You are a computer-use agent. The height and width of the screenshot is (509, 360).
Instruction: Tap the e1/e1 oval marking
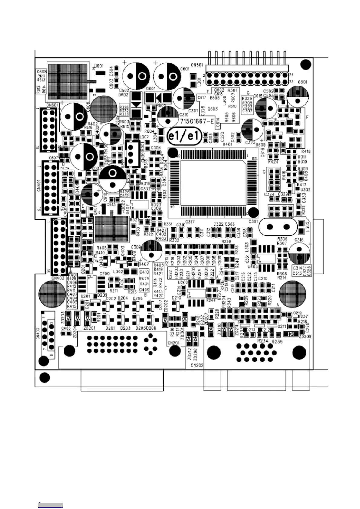184,137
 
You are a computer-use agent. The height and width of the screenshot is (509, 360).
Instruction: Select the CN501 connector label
197,65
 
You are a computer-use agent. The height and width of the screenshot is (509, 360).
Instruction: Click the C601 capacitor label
185,69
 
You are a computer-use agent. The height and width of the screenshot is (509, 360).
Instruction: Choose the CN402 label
58,278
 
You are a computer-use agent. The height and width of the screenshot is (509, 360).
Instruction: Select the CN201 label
173,342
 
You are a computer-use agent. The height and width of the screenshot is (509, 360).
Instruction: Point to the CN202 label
197,365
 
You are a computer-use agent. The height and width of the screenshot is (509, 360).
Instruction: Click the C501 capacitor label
303,82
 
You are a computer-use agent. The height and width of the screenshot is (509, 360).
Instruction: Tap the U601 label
99,66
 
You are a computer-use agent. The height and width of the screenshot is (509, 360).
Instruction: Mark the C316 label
299,240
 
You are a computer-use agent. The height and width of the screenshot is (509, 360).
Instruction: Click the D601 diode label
150,89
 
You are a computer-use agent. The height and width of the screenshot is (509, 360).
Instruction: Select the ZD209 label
305,336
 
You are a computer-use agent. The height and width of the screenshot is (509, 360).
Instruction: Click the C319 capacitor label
184,115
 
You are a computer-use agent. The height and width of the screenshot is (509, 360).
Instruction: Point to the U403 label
253,267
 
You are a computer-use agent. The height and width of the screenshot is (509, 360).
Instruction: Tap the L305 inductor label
307,227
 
